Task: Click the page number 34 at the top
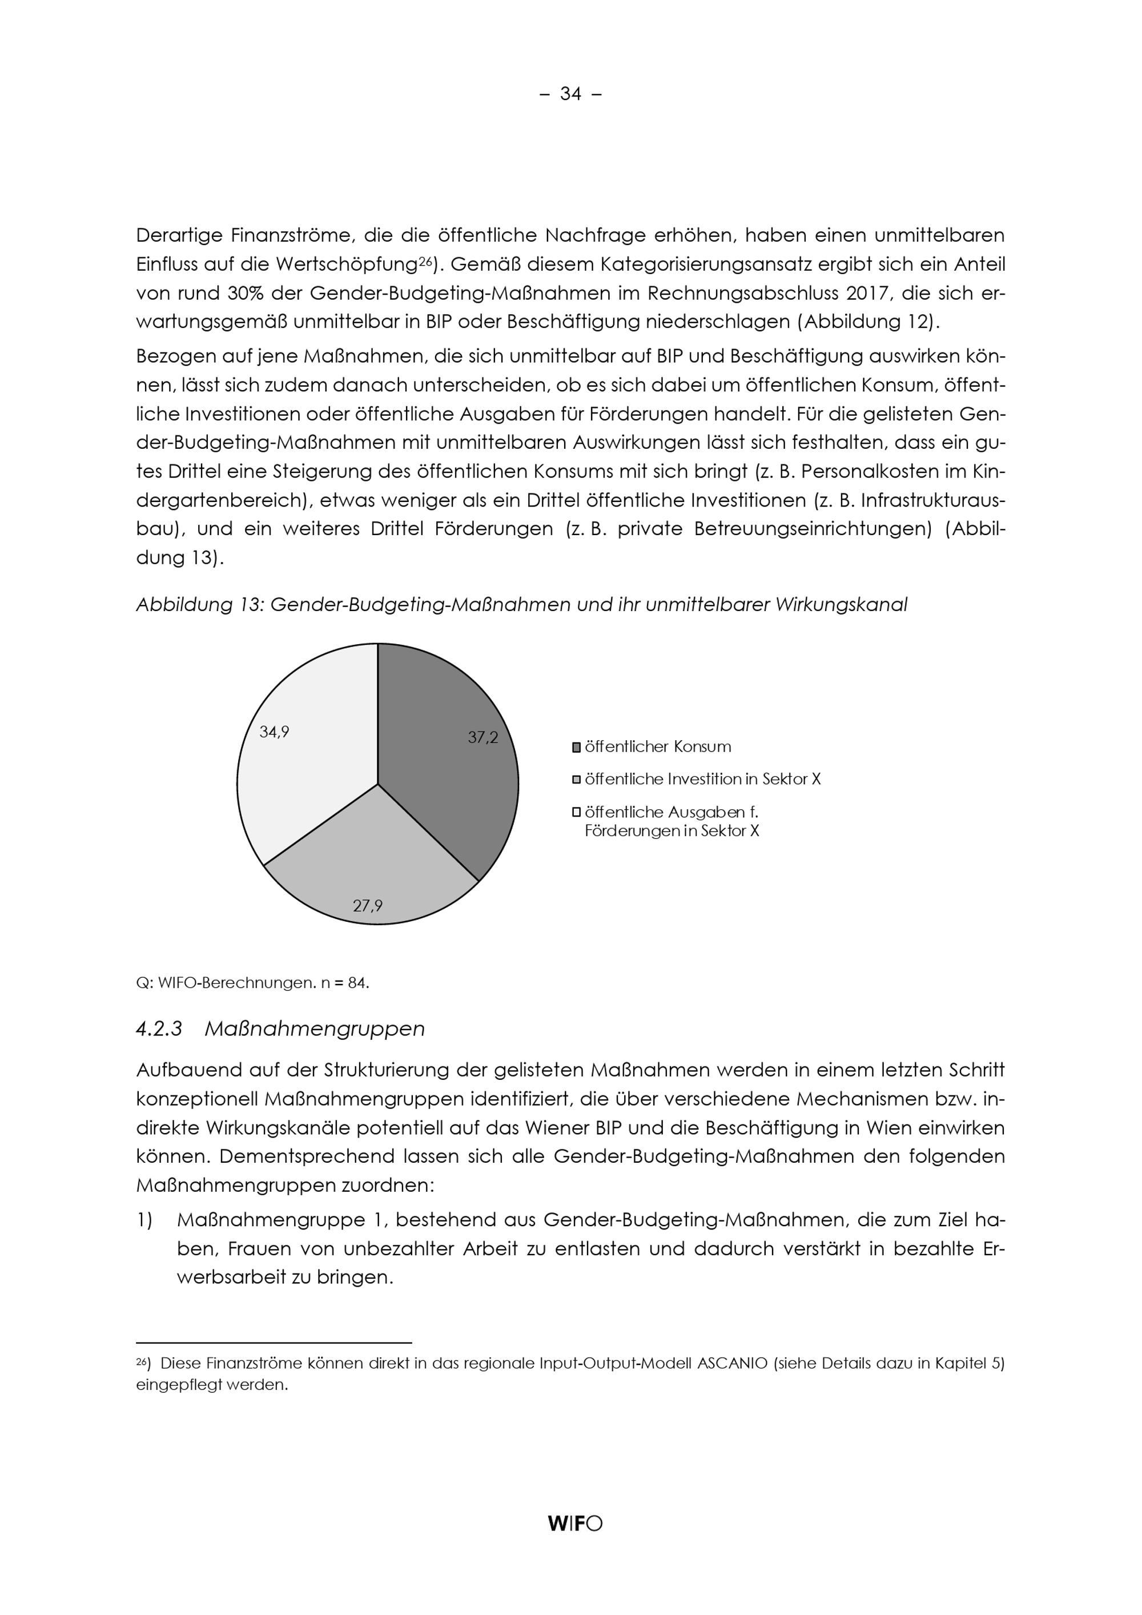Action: (570, 94)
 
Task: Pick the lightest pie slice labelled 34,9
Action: (309, 767)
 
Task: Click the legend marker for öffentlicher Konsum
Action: (577, 747)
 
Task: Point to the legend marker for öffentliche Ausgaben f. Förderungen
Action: (577, 813)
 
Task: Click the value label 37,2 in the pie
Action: (483, 738)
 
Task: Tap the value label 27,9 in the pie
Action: (368, 906)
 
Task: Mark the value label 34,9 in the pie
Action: (274, 732)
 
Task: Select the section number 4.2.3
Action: (159, 1029)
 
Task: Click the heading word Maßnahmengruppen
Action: (314, 1029)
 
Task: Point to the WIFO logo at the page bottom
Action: (574, 1524)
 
